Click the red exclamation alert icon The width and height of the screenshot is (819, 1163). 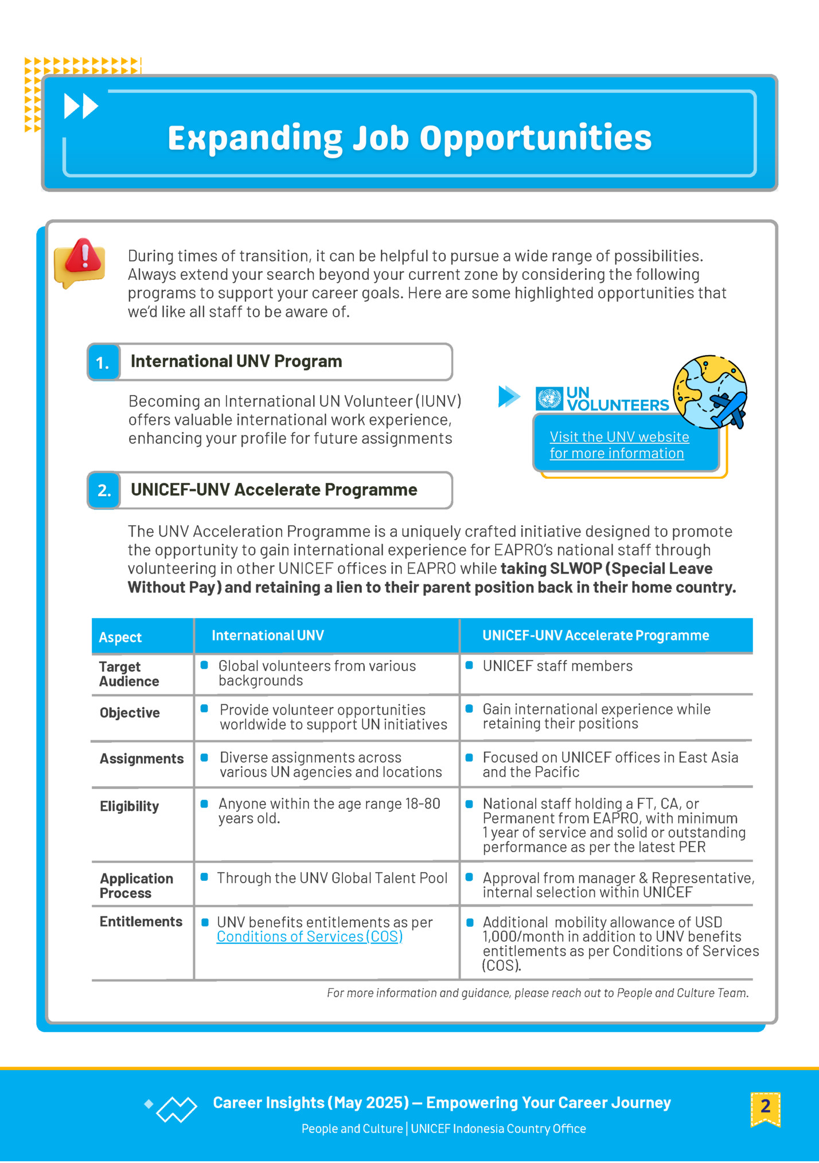point(82,261)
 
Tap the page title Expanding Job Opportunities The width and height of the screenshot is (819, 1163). point(409,138)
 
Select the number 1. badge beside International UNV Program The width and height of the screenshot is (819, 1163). point(103,362)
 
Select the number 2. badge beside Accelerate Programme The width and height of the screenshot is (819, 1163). point(104,490)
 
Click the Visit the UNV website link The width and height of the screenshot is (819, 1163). point(619,445)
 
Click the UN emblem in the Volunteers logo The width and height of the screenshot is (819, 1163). point(549,399)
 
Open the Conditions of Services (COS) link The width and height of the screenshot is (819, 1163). point(309,936)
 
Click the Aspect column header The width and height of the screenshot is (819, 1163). point(120,637)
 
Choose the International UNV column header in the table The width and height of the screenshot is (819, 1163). point(268,635)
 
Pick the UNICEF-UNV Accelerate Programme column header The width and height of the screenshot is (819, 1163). point(595,635)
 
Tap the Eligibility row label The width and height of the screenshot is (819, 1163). point(129,806)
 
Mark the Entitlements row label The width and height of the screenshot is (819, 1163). point(141,922)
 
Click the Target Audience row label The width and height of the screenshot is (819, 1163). point(128,674)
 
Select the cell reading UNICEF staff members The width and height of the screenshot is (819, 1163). point(557,666)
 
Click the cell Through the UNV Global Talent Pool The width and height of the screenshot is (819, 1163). point(332,878)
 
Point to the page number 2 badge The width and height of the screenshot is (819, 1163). point(765,1107)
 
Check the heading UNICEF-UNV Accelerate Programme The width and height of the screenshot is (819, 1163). point(274,490)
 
